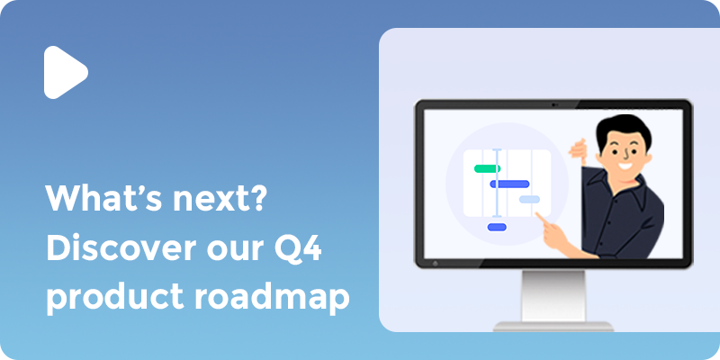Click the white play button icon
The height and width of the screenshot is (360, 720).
coord(64,71)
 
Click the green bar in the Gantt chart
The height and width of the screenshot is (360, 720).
coord(487,168)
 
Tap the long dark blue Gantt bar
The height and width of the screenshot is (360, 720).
coord(508,184)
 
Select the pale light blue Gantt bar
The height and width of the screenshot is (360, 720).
coord(530,199)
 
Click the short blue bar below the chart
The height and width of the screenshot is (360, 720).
coord(497,227)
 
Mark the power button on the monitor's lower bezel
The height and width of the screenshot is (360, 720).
coord(436,264)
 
